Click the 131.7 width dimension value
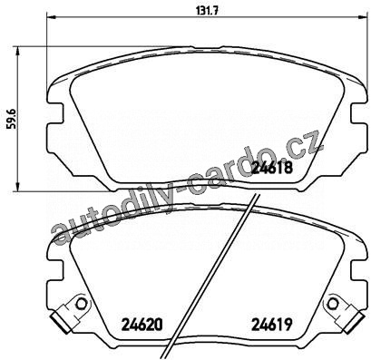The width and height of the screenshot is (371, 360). click(x=208, y=11)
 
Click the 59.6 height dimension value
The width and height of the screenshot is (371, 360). click(x=13, y=119)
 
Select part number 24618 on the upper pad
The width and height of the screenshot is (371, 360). click(x=272, y=168)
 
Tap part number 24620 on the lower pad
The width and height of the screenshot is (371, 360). click(x=142, y=325)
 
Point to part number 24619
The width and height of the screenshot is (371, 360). click(x=272, y=325)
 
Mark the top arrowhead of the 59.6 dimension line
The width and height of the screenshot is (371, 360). click(x=18, y=52)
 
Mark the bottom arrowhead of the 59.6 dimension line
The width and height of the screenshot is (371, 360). click(x=18, y=186)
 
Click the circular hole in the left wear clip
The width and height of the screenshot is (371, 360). click(x=82, y=303)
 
